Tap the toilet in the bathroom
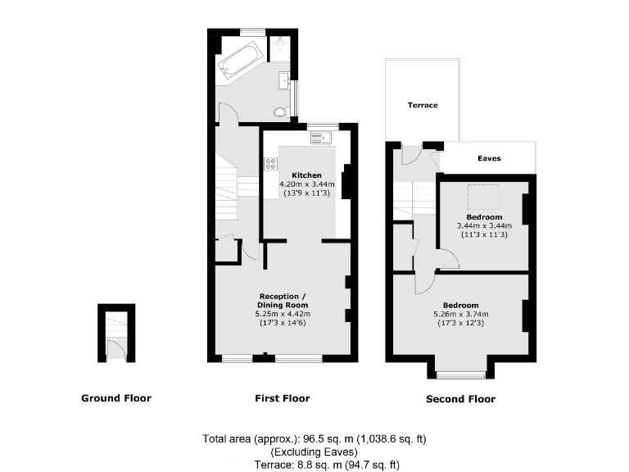[x=281, y=112]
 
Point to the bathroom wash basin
[x=283, y=80]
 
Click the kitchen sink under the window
[x=318, y=138]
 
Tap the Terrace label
[x=423, y=106]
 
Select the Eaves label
[x=489, y=158]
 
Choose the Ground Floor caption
[x=115, y=399]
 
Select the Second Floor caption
[x=460, y=400]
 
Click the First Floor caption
[x=283, y=399]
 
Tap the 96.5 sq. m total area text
[x=314, y=438]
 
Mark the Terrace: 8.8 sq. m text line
[x=314, y=465]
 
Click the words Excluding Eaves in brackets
[x=314, y=452]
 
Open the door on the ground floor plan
[x=117, y=350]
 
